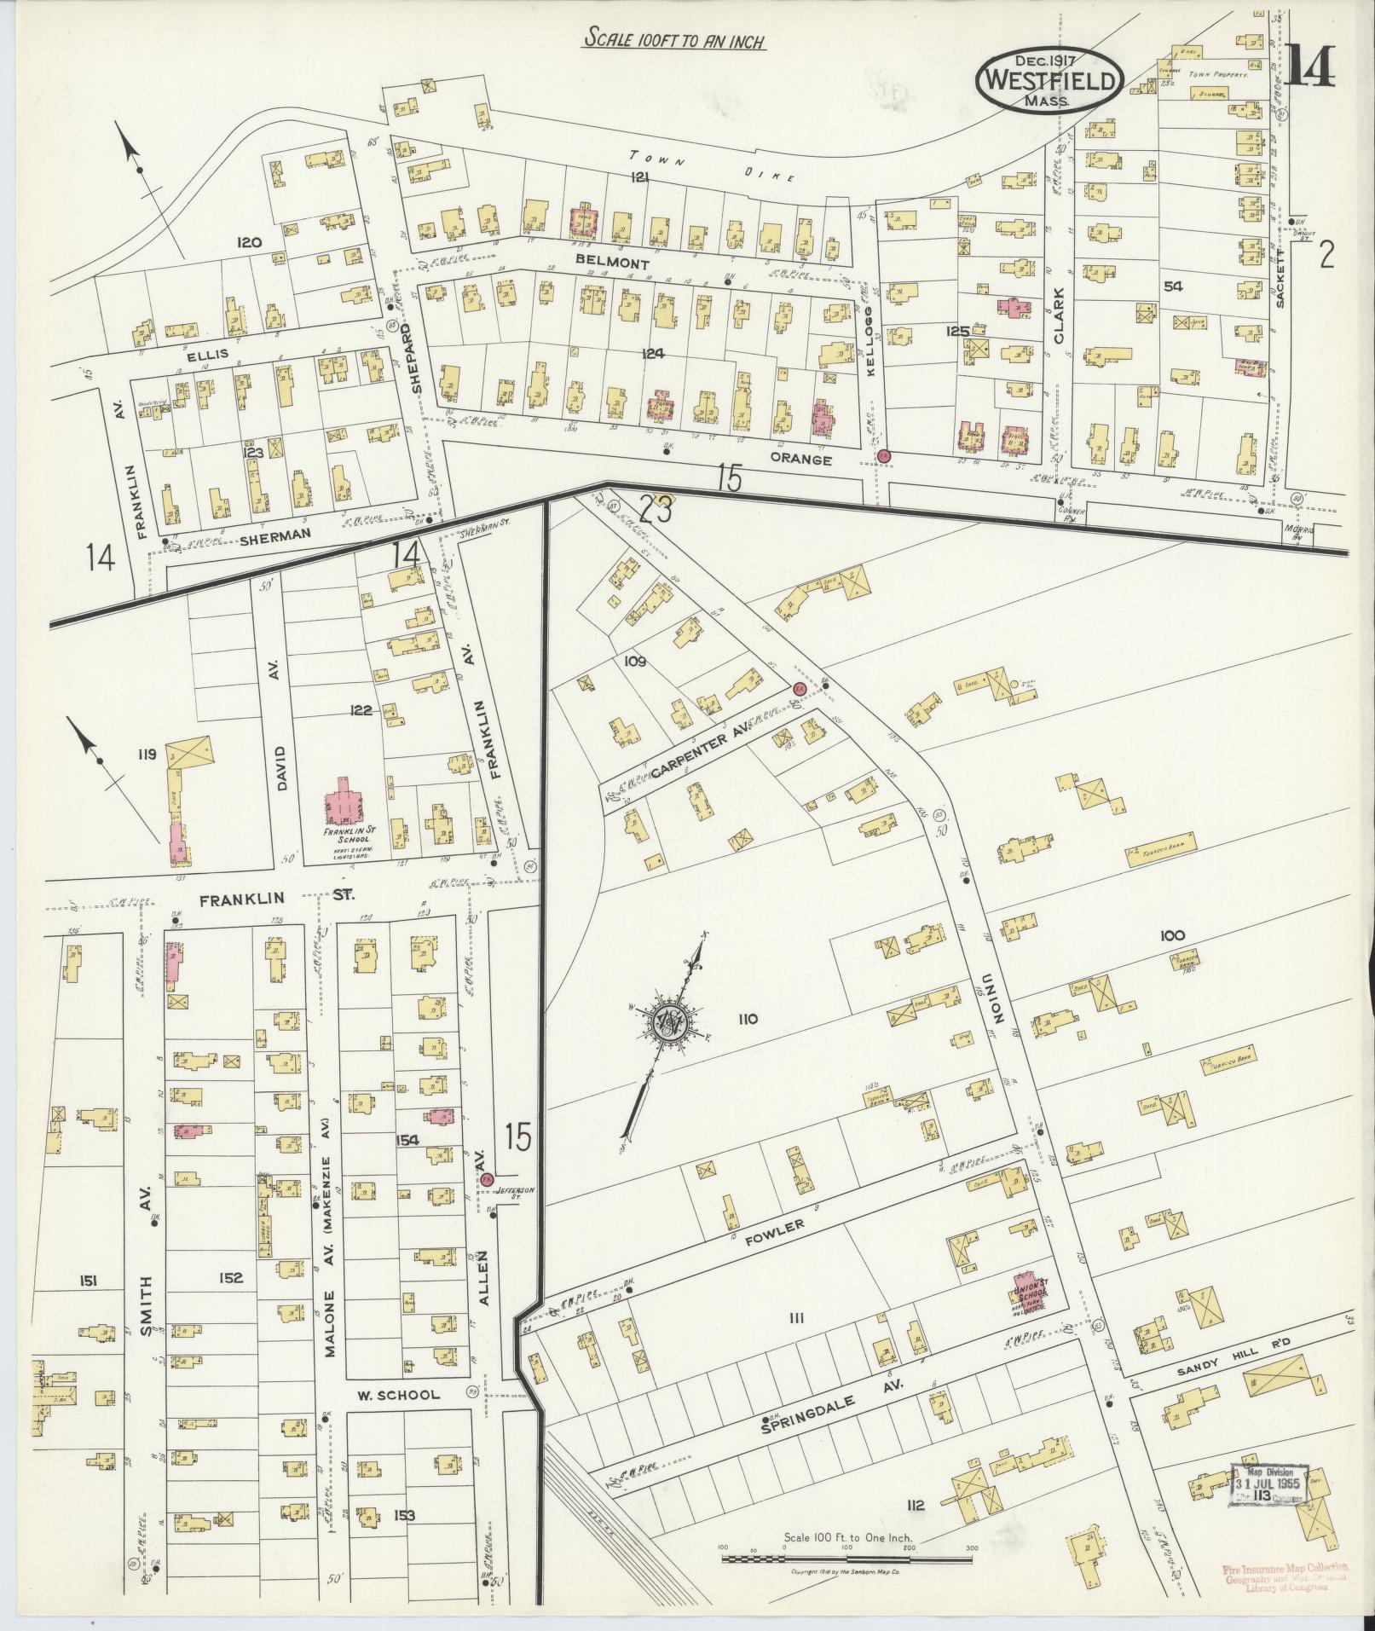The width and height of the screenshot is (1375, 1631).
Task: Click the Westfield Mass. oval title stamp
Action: [x=1050, y=78]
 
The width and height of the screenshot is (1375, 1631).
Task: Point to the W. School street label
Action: [x=398, y=1395]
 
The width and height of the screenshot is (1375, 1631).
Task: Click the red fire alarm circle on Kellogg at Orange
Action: [x=884, y=456]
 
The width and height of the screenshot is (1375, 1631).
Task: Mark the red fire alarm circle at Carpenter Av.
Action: [x=799, y=688]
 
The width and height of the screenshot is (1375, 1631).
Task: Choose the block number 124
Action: [x=654, y=354]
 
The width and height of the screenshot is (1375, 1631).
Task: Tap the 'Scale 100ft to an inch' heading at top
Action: [x=674, y=40]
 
